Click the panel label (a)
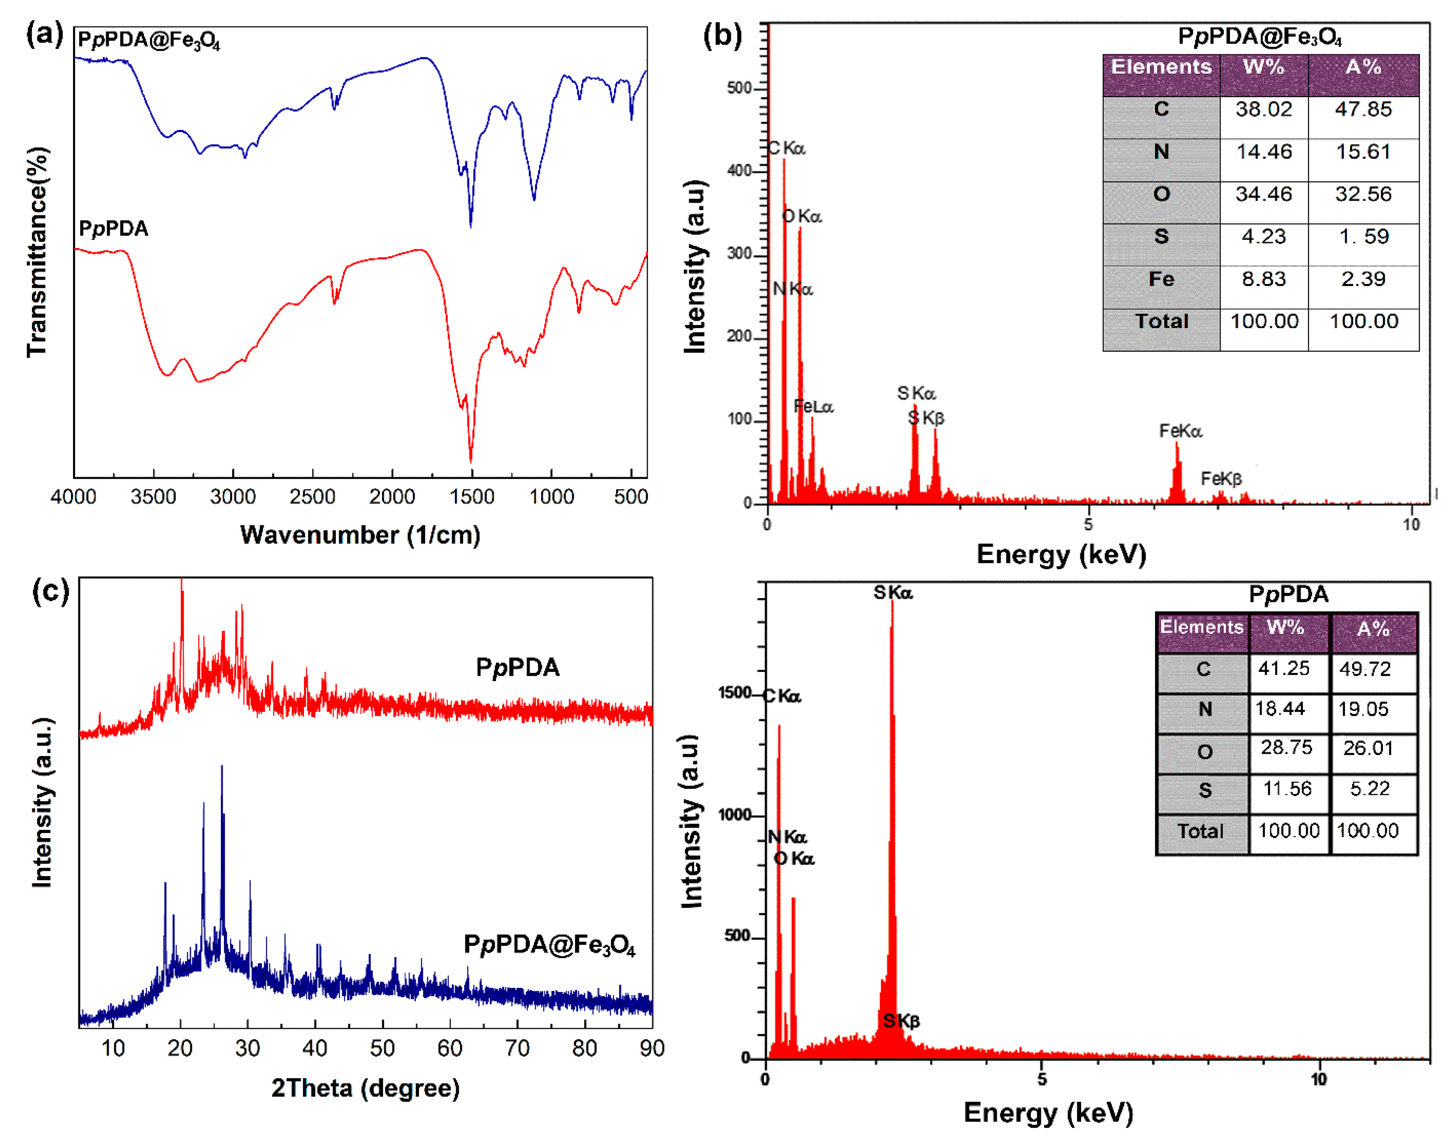[44, 34]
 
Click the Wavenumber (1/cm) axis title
[360, 535]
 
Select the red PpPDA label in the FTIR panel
[113, 228]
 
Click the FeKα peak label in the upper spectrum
[1180, 430]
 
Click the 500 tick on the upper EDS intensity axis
[739, 88]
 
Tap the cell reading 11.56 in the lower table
[1287, 788]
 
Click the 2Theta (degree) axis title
[366, 1088]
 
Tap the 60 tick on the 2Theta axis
[450, 1048]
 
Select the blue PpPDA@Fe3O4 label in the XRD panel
[549, 945]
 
